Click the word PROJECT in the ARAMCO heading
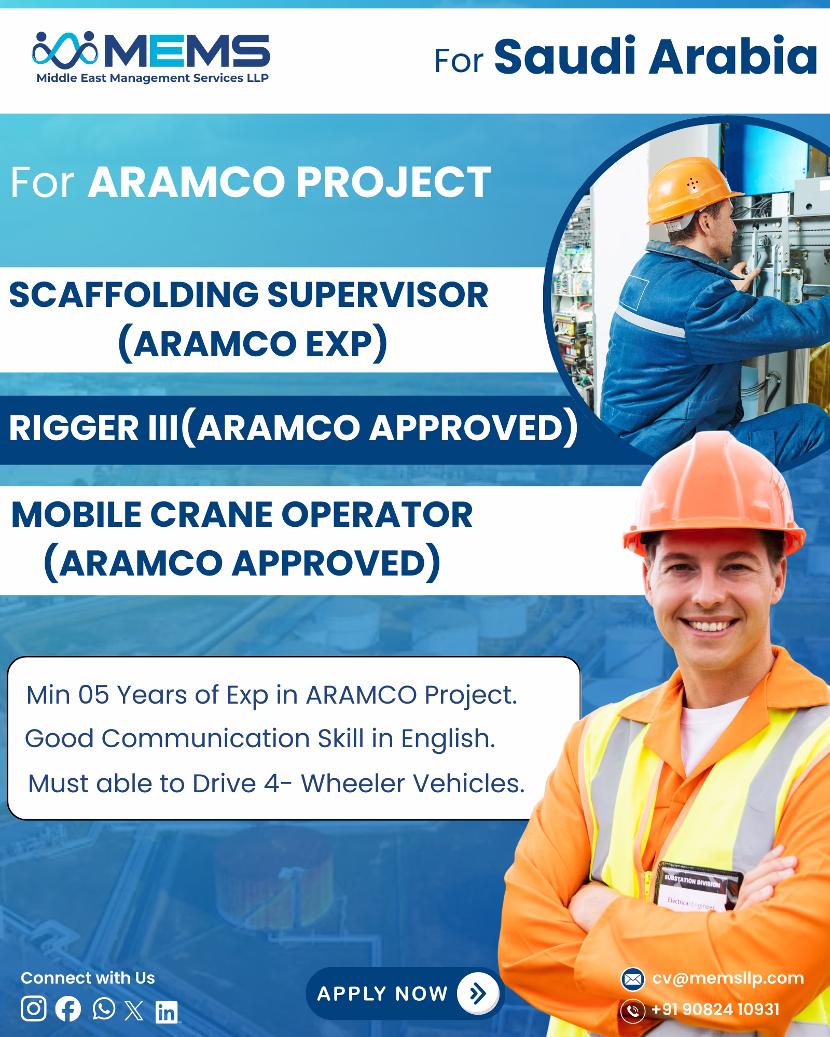(393, 182)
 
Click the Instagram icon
(34, 1008)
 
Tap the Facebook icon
(68, 1009)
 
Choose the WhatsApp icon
(104, 1008)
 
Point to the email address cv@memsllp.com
(728, 978)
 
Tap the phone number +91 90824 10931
(715, 1010)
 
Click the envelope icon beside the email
(633, 979)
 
